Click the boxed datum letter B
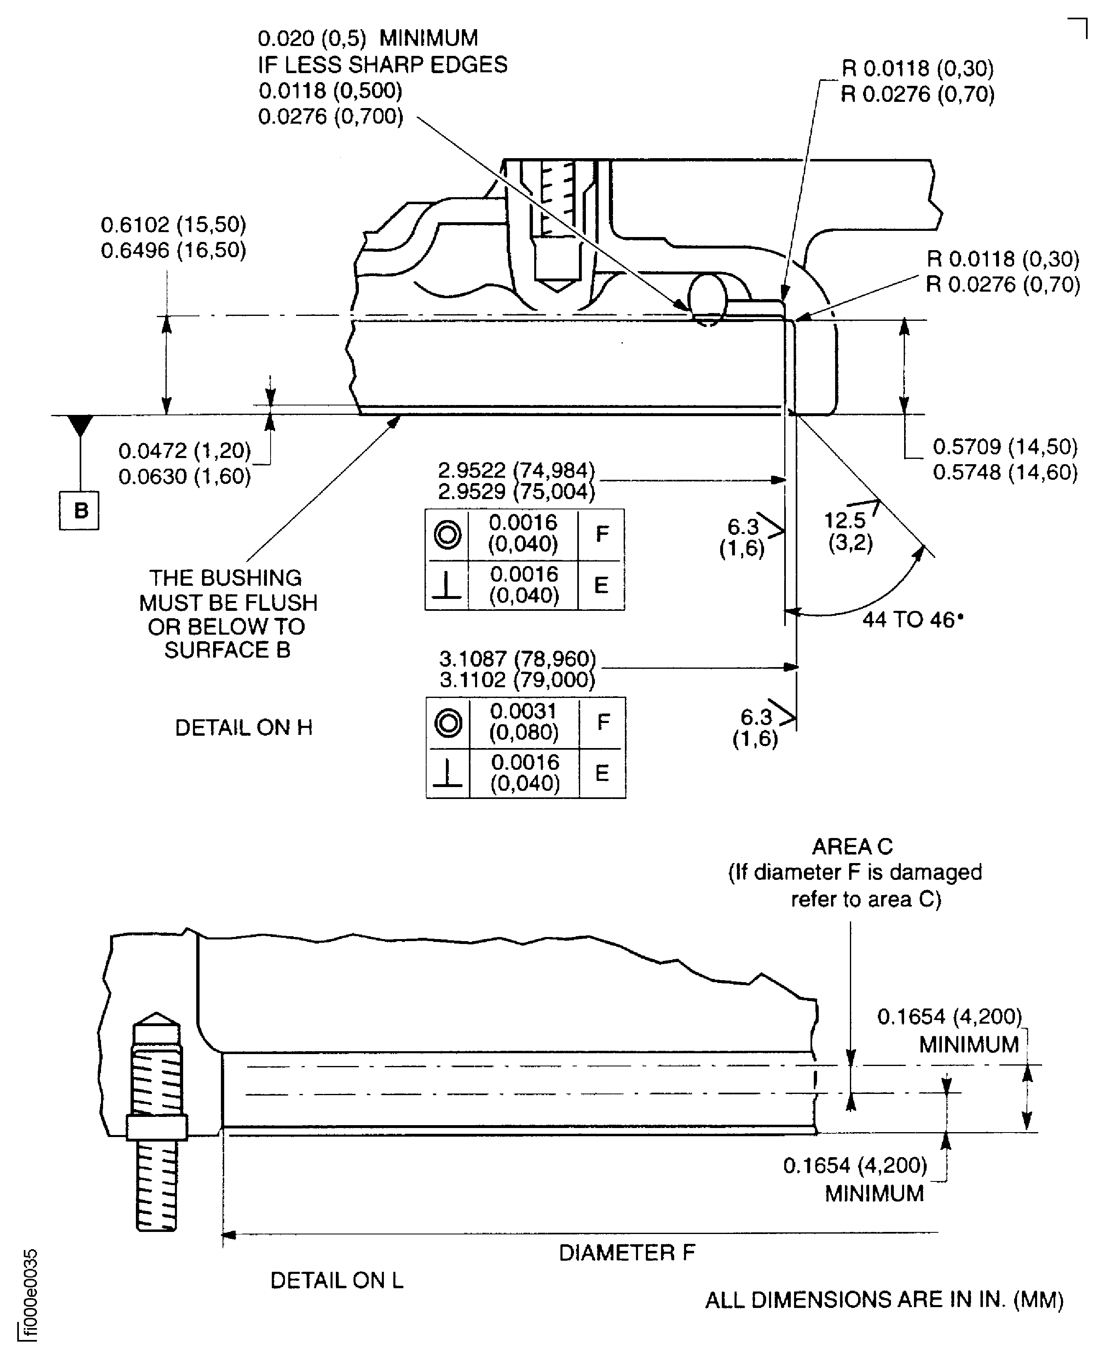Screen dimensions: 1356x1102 coord(79,510)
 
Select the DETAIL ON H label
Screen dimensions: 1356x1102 coord(244,728)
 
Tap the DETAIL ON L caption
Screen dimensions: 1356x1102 coord(336,1280)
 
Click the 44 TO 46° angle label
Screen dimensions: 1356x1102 coord(912,620)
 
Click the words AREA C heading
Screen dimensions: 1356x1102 coord(852,847)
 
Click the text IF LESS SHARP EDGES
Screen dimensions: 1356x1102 coord(382,65)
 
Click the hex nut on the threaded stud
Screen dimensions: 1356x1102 coord(157,1127)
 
